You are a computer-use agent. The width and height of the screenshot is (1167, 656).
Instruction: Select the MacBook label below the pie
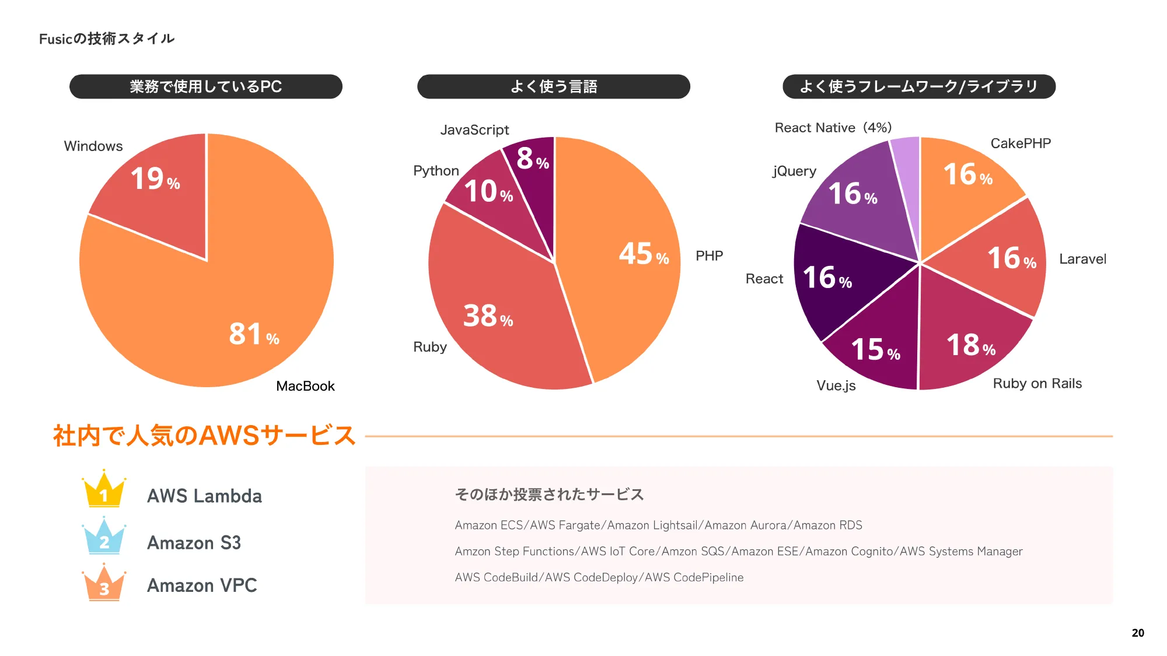point(305,386)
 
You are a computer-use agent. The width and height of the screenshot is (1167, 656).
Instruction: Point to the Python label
point(436,171)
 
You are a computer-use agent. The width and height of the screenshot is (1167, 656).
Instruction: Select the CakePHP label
point(1021,143)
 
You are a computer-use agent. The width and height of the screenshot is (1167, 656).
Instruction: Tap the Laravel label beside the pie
point(1082,259)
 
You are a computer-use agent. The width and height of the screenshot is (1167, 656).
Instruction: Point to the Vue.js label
point(836,385)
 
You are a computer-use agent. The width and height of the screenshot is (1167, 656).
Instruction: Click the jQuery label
point(794,171)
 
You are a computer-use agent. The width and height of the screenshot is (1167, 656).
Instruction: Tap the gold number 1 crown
point(104,490)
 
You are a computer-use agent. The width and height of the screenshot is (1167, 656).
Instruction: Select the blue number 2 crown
point(104,537)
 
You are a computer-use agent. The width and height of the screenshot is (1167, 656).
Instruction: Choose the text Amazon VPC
point(202,585)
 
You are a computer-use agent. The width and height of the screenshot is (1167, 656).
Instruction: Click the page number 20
point(1138,633)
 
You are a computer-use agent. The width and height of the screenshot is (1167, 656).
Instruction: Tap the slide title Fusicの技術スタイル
point(107,38)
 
